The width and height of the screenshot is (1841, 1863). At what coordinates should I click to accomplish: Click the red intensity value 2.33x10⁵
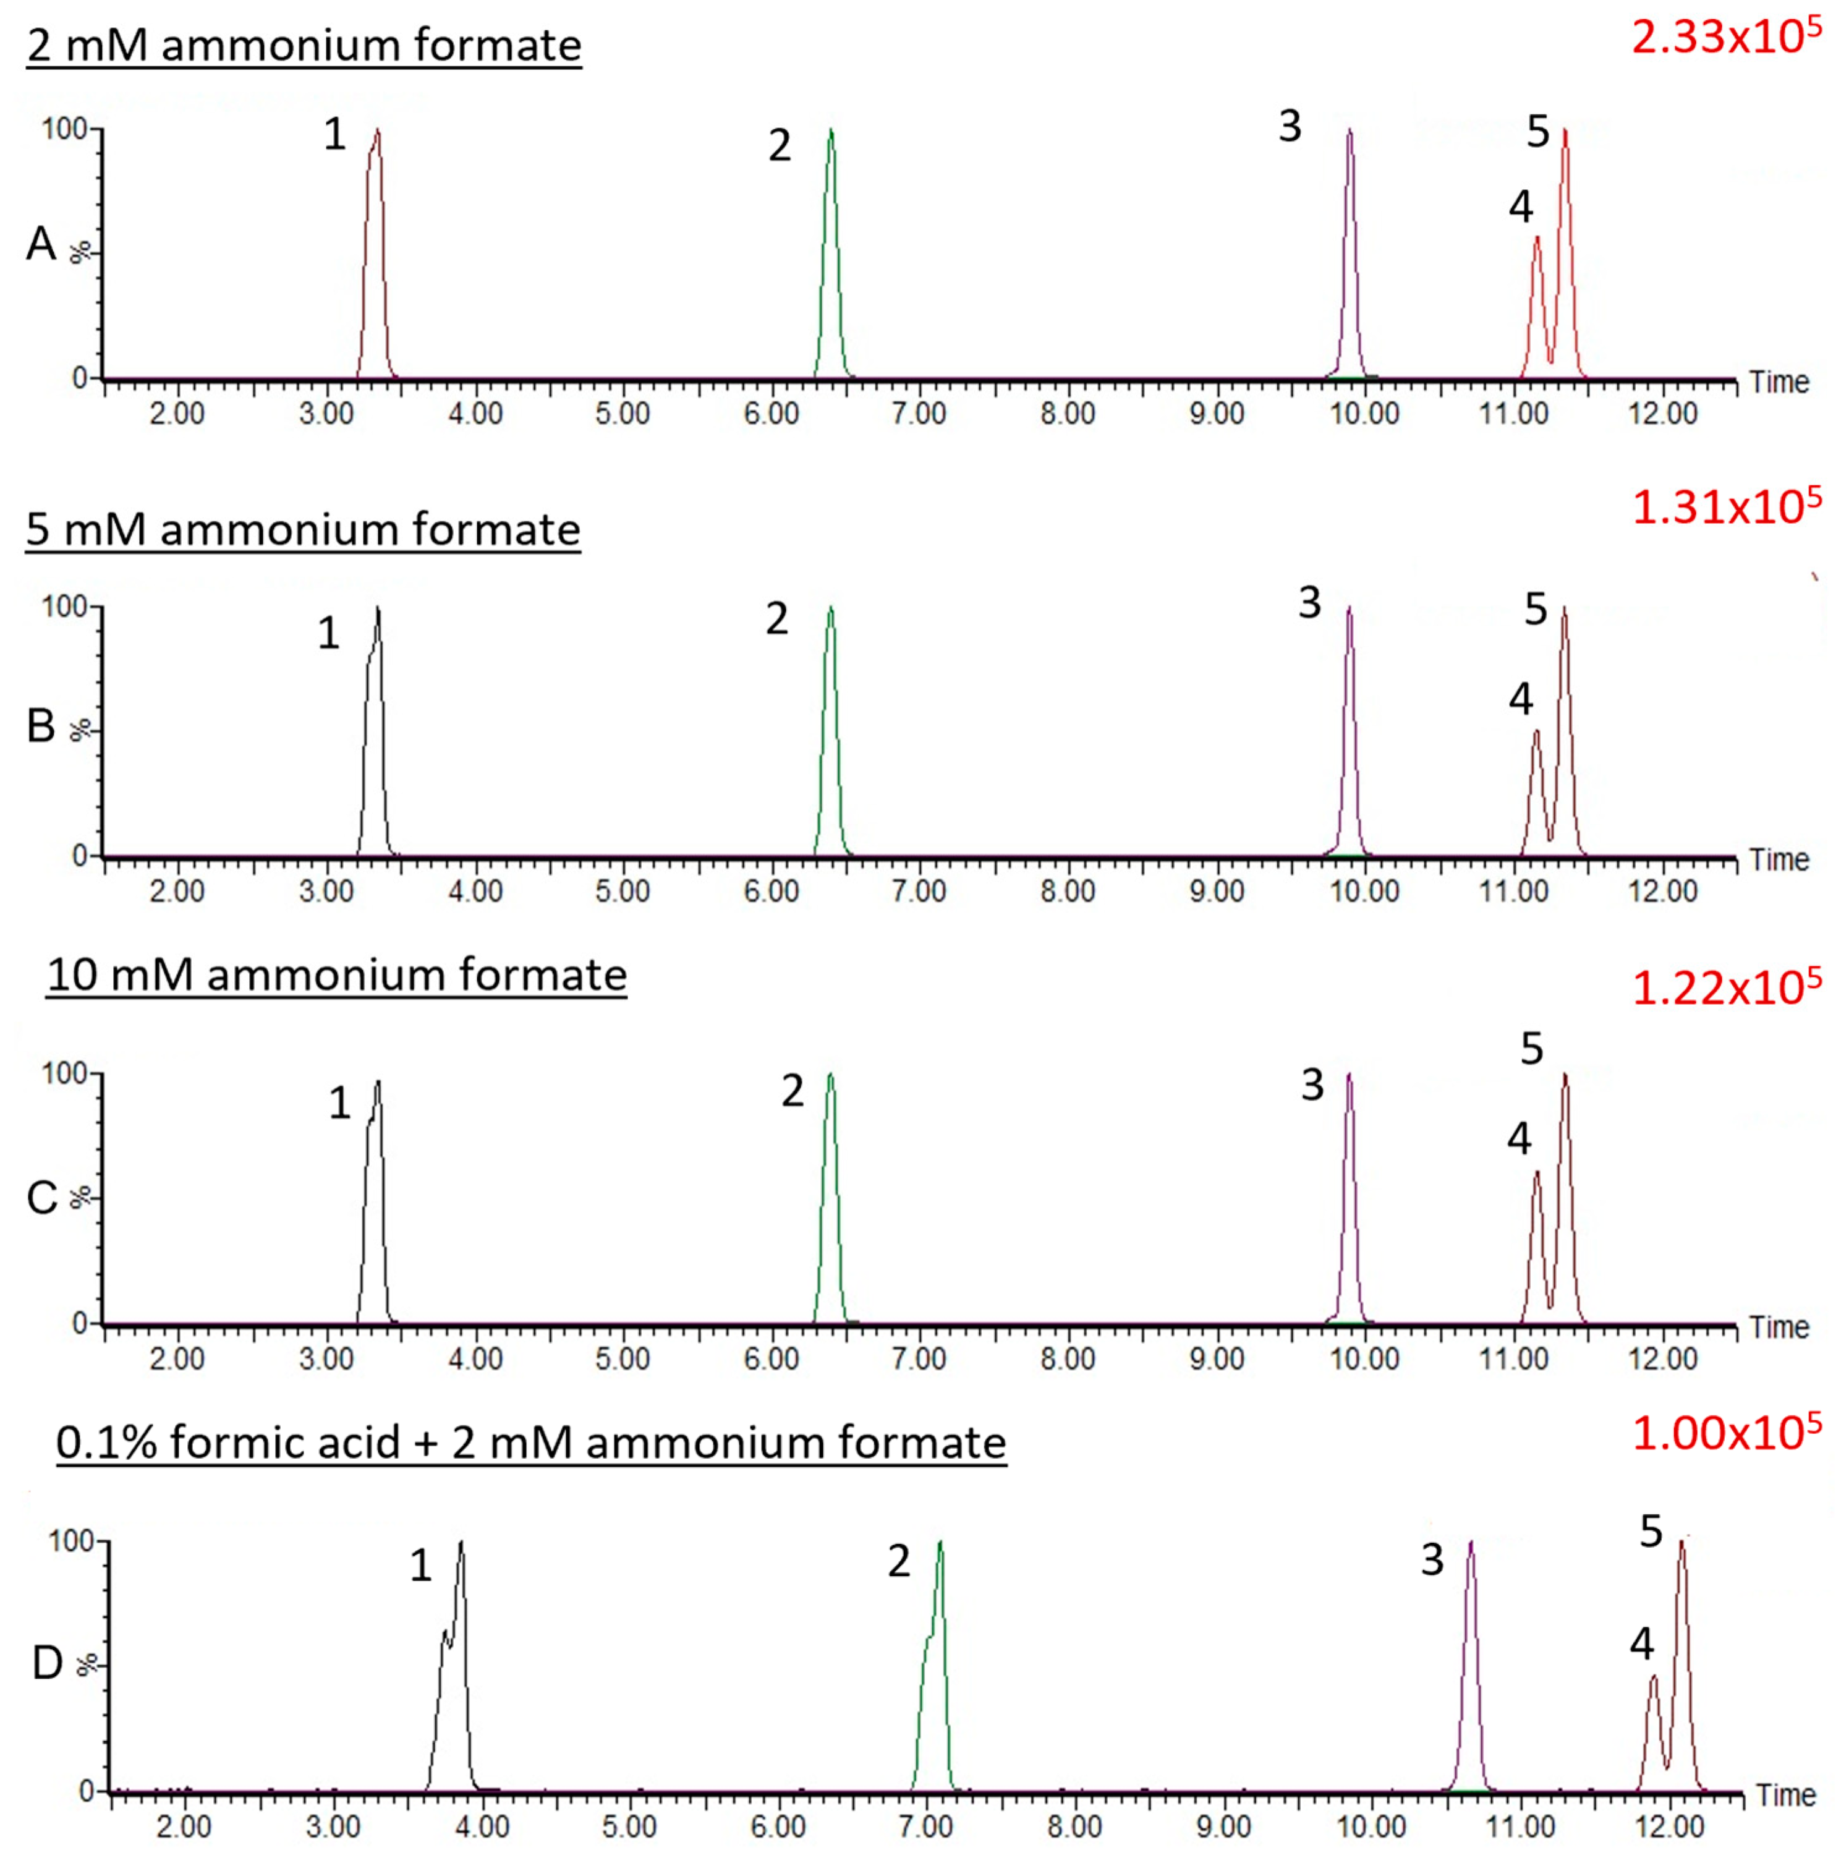[x=1725, y=38]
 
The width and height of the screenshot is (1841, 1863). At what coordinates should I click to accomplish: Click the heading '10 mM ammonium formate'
[x=336, y=975]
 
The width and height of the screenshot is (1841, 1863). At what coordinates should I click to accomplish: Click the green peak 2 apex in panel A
[x=831, y=131]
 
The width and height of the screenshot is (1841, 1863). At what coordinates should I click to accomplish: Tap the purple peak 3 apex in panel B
[x=1350, y=608]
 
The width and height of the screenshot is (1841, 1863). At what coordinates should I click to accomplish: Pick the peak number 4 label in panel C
[x=1519, y=1140]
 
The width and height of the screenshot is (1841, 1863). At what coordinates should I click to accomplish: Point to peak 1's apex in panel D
[x=462, y=1543]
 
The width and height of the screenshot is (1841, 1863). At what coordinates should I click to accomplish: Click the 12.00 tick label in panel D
[x=1670, y=1827]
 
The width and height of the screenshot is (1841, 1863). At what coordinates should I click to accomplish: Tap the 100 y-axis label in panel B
[x=64, y=607]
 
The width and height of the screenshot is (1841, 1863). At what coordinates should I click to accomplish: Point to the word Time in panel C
[x=1779, y=1328]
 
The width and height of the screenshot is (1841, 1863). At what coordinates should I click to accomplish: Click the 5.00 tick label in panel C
[x=622, y=1360]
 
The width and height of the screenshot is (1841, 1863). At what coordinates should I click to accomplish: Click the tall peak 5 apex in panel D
[x=1682, y=1543]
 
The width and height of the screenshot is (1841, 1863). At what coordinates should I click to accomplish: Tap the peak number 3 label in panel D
[x=1432, y=1560]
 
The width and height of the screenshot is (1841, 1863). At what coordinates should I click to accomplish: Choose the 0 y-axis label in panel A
[x=80, y=379]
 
